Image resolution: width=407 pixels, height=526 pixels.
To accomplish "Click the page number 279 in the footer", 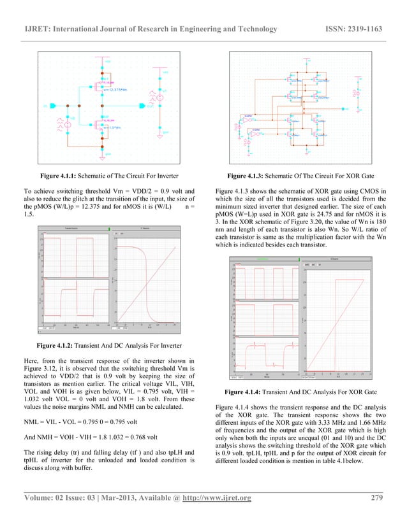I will click(x=376, y=498).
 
